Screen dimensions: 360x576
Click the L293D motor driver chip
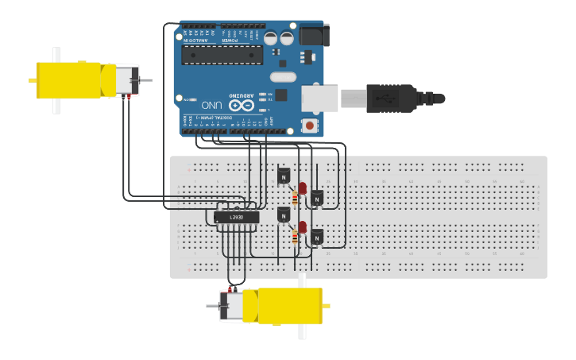(x=237, y=217)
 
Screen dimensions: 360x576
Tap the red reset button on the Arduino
(x=309, y=126)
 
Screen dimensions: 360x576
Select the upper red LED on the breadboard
(x=302, y=188)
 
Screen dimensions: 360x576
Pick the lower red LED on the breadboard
(x=302, y=226)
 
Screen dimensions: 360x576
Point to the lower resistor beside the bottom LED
(x=296, y=237)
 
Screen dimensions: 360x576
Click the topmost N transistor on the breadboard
(x=284, y=176)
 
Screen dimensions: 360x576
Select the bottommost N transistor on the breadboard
(x=317, y=236)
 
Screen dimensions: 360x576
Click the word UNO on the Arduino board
(x=211, y=104)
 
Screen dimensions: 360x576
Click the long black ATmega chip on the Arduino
(x=222, y=53)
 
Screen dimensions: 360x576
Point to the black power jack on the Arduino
(x=313, y=35)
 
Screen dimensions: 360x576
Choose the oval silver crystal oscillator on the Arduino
(x=282, y=76)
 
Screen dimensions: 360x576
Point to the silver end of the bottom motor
(x=231, y=306)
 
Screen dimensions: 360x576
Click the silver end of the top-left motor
(x=126, y=80)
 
